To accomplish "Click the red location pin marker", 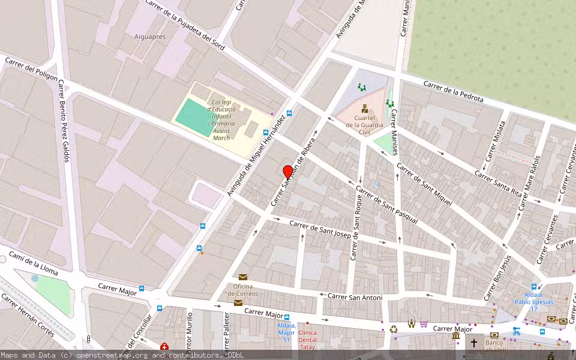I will click(287, 172).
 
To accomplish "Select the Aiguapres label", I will click(150, 37).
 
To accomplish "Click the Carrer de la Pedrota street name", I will click(453, 91).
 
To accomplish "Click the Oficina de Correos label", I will click(242, 290).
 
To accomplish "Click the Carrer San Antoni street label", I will click(355, 296).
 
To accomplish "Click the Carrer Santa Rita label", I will click(498, 182).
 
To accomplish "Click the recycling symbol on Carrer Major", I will click(394, 329).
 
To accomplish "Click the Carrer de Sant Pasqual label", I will click(386, 209).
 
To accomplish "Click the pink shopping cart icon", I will click(424, 325).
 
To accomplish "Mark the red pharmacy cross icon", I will click(164, 347).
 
